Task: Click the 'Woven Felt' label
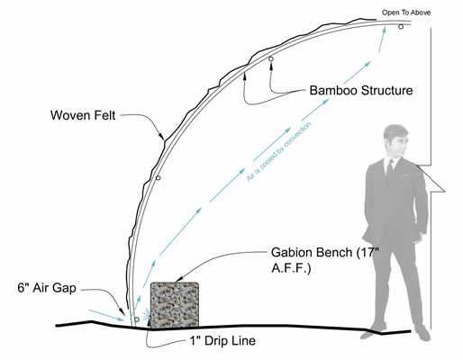83,115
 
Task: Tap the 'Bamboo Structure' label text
361,90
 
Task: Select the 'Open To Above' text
406,13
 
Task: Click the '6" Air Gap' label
47,288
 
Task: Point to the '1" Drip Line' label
222,341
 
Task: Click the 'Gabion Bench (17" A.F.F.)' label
325,260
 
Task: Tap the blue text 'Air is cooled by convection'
278,152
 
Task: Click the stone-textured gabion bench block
175,304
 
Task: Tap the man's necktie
390,169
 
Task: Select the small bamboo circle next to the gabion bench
137,319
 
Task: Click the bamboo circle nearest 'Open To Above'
401,27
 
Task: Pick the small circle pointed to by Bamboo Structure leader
271,58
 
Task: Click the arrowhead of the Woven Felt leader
161,137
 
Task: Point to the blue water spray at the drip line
147,315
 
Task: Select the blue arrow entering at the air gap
106,315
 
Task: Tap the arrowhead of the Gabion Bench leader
178,280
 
